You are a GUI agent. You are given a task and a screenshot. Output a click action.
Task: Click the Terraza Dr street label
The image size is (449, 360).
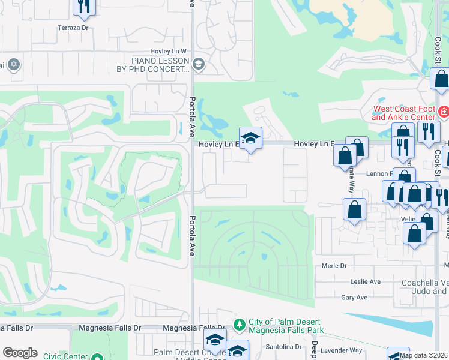pos(73,28)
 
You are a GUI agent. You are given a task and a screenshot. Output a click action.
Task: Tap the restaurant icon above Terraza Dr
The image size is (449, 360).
pos(83,6)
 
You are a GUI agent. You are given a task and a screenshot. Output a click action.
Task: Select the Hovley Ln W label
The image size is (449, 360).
pos(168,52)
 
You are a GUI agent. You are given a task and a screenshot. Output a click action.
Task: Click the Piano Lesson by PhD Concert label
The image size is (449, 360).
pos(161,65)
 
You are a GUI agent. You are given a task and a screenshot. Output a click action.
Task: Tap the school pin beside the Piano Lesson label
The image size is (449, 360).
pos(199,64)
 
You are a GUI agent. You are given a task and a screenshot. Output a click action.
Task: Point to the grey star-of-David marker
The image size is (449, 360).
pos(14,64)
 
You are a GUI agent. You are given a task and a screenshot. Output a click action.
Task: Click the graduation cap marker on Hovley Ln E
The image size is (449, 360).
pos(250,137)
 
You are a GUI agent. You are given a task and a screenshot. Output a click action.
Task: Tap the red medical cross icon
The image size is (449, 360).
pos(443,112)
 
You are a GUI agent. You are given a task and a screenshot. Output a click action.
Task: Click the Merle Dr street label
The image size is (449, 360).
pos(334,266)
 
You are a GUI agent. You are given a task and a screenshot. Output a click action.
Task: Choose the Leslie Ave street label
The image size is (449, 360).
pos(366,281)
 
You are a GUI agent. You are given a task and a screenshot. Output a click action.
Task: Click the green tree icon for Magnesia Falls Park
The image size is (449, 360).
pos(240,323)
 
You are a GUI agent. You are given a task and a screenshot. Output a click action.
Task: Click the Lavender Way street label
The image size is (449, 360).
pos(341,350)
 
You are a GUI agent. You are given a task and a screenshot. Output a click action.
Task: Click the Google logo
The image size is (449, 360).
pos(20,353)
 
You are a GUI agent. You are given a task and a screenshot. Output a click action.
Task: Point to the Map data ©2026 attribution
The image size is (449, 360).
pos(424,355)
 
